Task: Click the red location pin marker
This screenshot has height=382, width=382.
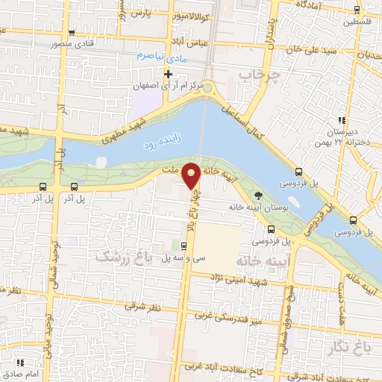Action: click(x=192, y=176)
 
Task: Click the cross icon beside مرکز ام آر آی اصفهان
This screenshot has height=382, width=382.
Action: click(x=169, y=74)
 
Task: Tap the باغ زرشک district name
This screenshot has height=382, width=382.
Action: click(x=122, y=256)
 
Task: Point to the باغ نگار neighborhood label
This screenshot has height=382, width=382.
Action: click(x=351, y=345)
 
